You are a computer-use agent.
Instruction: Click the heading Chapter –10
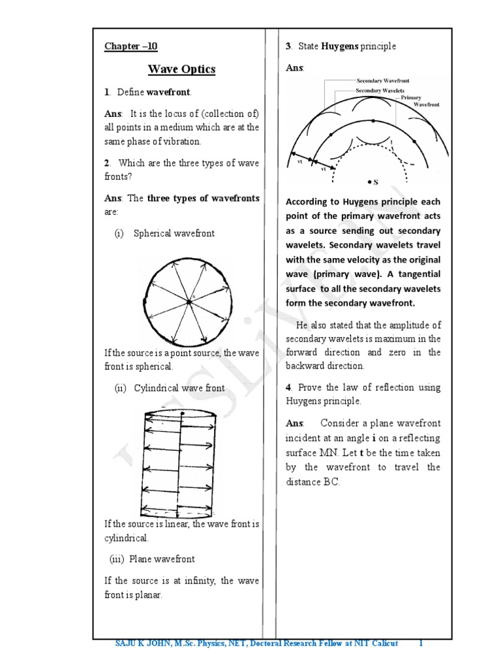(131, 46)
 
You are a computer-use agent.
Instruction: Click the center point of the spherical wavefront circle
(189, 301)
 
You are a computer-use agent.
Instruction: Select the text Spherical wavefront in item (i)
(174, 233)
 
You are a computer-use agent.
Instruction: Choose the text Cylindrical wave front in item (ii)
(179, 388)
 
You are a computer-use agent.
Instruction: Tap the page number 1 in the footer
(421, 644)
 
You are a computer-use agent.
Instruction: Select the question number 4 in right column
(288, 387)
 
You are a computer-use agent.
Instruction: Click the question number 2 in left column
(107, 163)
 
